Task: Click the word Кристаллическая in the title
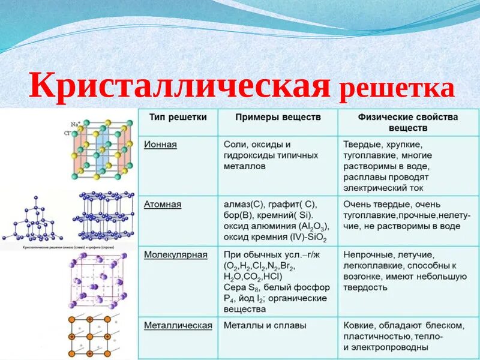point(179,86)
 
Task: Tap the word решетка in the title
point(397,88)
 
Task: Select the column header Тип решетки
point(178,116)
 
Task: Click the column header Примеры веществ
point(278,116)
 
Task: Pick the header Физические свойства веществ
point(407,122)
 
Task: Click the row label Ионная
point(160,145)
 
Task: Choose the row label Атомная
point(163,204)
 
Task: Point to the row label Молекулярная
point(175,254)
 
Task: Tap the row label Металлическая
point(178,325)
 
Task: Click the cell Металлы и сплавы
point(265,325)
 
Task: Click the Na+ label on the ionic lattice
point(76,124)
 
